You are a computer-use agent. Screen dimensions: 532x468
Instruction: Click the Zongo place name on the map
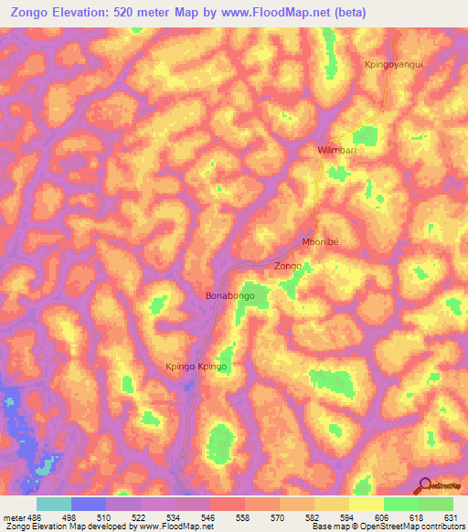coord(288,266)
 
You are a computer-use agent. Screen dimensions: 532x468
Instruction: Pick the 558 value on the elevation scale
coord(242,517)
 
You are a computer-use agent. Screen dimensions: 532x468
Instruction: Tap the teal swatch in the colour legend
coord(54,504)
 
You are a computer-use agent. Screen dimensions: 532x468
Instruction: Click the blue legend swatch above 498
coord(89,504)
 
